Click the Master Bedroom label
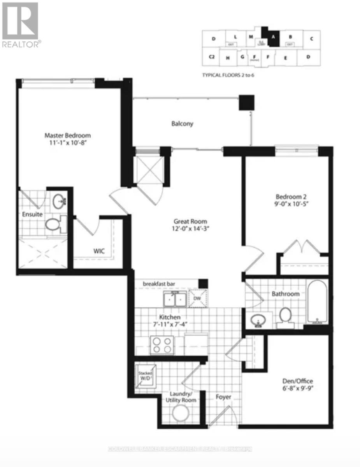point(67,135)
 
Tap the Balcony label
point(182,124)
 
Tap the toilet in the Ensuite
point(53,224)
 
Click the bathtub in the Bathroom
point(318,302)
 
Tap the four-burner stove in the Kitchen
point(162,344)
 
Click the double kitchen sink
point(175,300)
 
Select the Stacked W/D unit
point(146,377)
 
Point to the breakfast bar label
point(157,283)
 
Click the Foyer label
point(224,397)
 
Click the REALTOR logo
point(20,24)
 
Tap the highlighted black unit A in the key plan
point(273,38)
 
